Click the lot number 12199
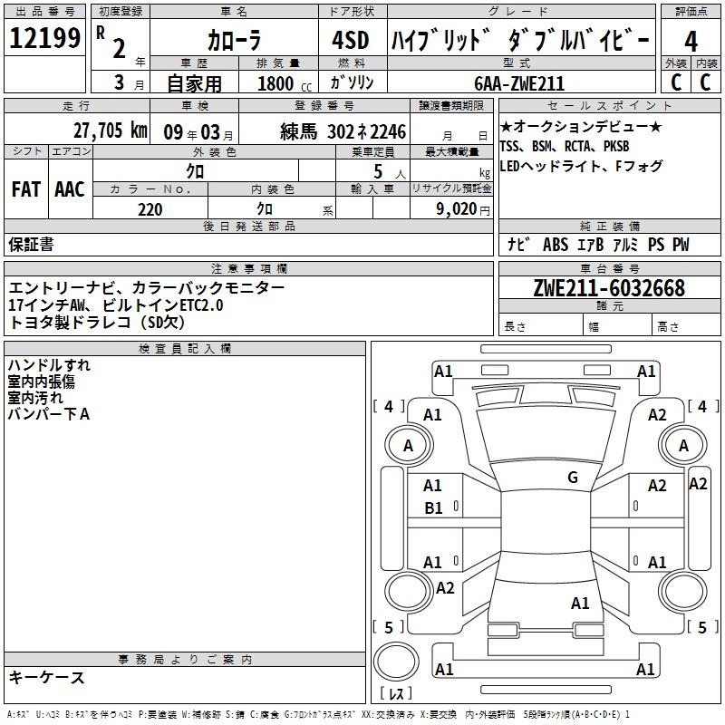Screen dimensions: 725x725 [x=44, y=37]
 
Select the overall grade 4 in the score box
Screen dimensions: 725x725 [x=691, y=42]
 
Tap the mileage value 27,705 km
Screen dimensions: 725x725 [x=111, y=130]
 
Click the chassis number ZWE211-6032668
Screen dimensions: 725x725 [x=609, y=288]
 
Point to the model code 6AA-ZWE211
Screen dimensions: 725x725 [x=519, y=83]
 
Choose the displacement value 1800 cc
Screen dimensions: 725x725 [x=285, y=83]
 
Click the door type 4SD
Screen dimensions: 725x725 [x=351, y=40]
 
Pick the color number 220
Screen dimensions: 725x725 [x=150, y=209]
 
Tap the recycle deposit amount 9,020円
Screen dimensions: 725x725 [x=462, y=209]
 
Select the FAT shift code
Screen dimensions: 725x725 [x=26, y=189]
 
